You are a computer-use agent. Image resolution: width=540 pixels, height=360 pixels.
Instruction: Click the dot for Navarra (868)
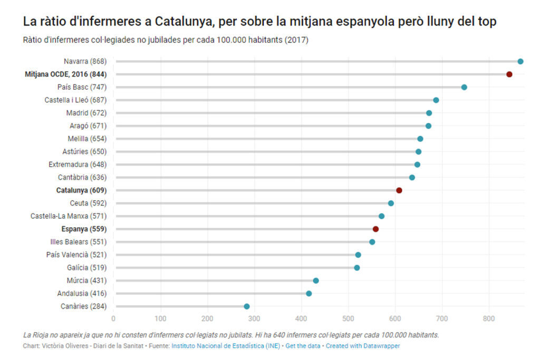[520, 62]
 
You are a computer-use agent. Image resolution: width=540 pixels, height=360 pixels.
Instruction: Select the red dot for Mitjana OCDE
[509, 74]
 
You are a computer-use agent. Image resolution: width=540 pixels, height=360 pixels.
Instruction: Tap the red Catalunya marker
[399, 190]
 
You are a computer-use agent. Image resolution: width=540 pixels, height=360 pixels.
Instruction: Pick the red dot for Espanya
[375, 229]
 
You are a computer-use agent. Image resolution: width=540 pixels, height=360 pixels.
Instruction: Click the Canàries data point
[246, 306]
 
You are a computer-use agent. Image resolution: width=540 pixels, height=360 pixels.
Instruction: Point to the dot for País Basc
[464, 87]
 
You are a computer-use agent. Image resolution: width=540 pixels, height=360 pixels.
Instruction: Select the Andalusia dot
[308, 294]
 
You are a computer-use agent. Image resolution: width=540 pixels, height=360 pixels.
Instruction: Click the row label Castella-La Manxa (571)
[69, 216]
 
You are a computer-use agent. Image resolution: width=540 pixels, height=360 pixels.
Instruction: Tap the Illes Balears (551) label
[78, 242]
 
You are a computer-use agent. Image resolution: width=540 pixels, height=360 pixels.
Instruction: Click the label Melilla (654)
[87, 139]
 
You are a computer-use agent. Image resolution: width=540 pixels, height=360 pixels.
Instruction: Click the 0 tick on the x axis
[113, 318]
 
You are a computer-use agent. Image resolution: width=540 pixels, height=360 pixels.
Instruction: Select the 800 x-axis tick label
[489, 318]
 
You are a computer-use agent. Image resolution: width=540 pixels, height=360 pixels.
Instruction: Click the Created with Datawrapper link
[362, 346]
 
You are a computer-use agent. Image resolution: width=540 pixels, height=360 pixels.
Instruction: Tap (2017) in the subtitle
[296, 41]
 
